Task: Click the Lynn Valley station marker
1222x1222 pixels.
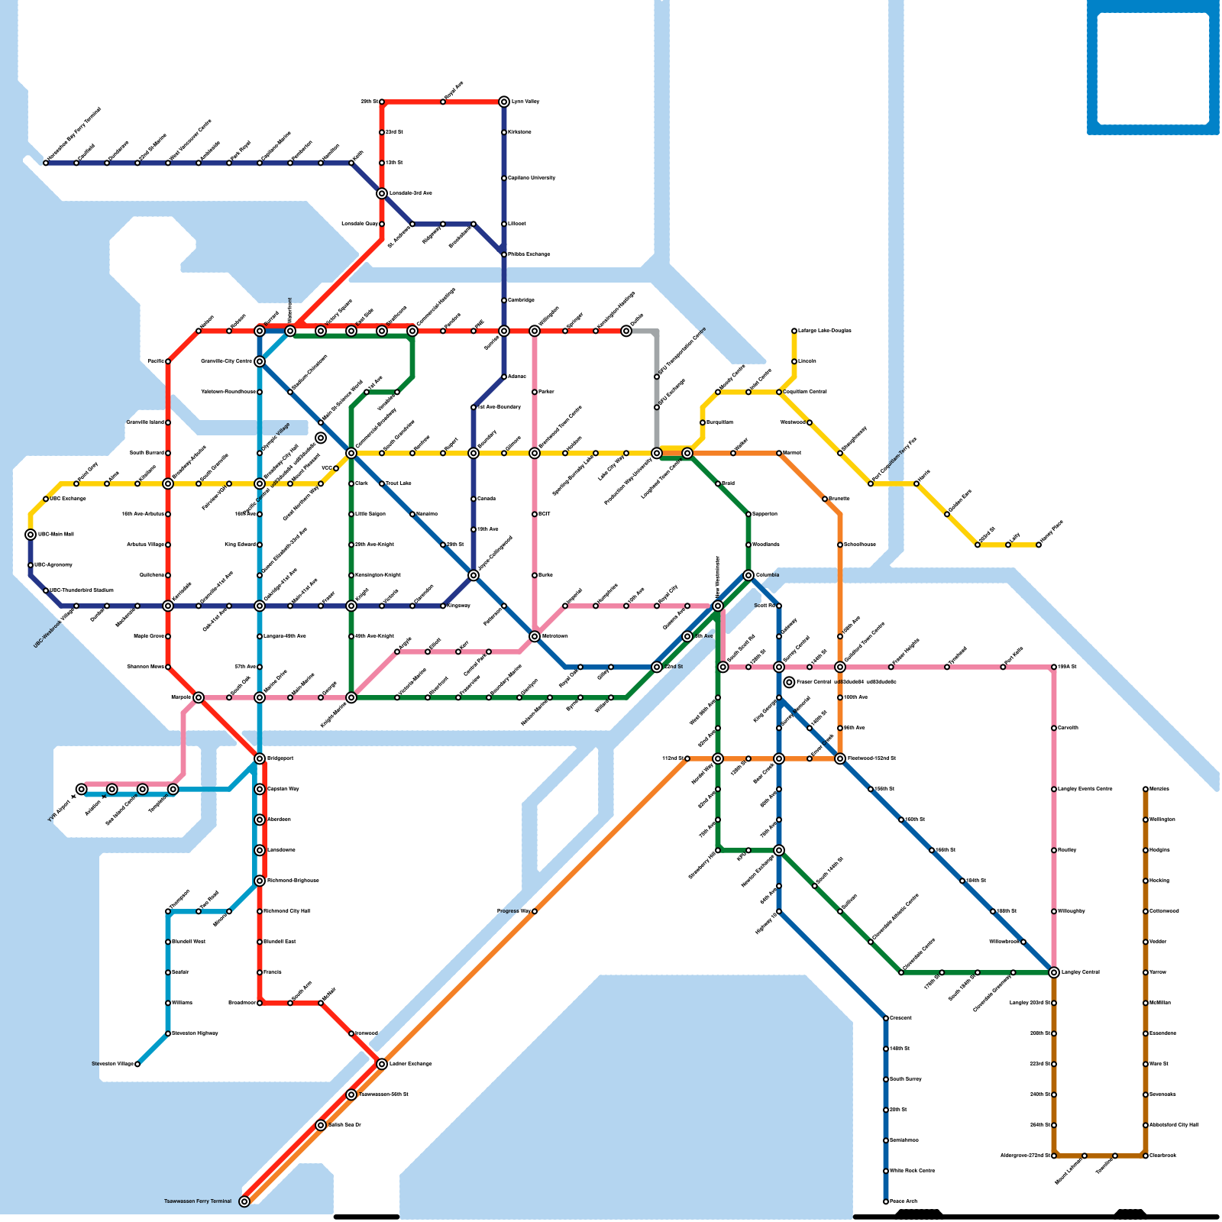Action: [504, 102]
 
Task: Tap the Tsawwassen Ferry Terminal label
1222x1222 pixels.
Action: [197, 1201]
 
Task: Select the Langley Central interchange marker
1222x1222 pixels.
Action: [1054, 972]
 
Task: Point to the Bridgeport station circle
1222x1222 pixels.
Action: [260, 758]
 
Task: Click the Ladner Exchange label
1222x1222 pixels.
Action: [410, 1064]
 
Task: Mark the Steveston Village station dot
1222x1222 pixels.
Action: [137, 1064]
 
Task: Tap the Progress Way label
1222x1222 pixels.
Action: [513, 911]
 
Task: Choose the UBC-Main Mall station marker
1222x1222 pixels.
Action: [31, 535]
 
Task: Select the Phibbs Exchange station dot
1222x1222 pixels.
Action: [504, 254]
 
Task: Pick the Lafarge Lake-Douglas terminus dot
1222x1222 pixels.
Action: [794, 331]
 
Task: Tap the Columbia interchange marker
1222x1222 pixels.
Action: [748, 575]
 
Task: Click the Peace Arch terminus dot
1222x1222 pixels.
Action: [886, 1201]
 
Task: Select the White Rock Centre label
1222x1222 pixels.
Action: [912, 1171]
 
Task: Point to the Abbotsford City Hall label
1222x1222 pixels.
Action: [1173, 1125]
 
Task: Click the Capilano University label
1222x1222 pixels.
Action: [532, 178]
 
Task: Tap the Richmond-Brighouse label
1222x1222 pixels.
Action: [291, 881]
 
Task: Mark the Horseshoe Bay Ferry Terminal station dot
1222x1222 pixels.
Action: [46, 163]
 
